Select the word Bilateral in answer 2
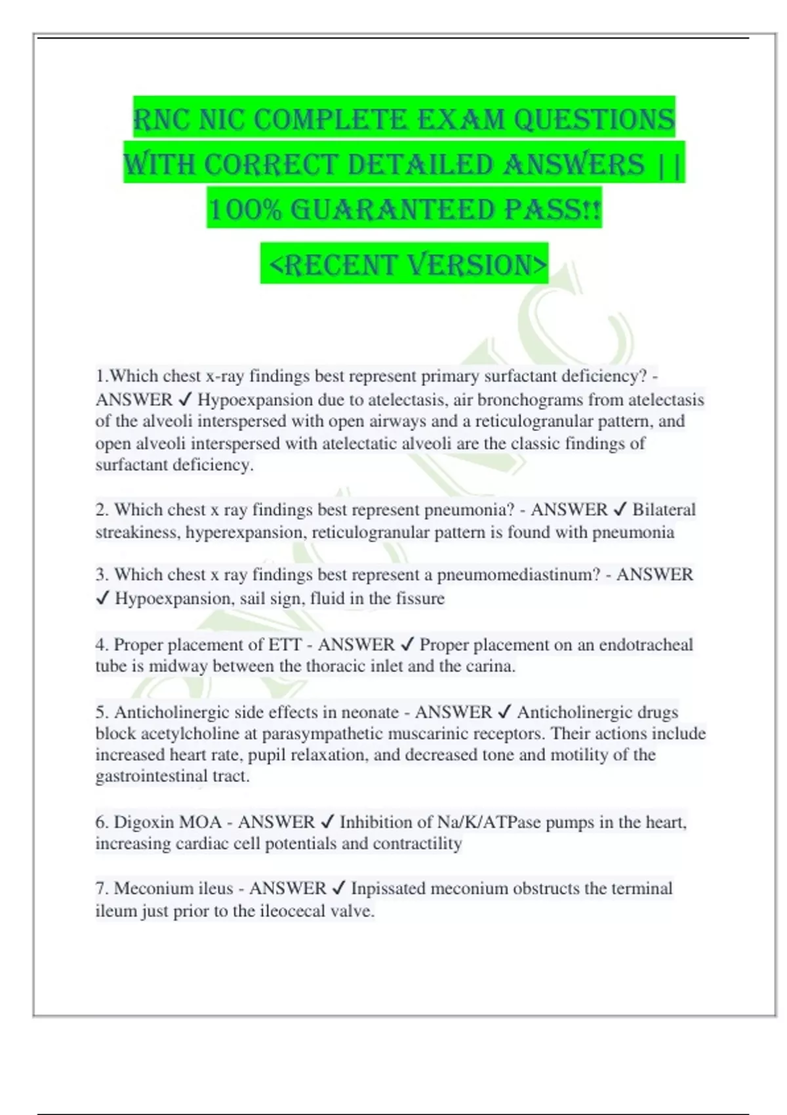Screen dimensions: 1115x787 point(664,510)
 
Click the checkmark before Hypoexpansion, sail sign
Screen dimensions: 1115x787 point(102,598)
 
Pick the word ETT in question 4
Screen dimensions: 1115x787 point(285,645)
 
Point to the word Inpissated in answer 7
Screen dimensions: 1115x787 point(388,889)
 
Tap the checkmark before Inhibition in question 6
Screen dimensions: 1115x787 point(327,822)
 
